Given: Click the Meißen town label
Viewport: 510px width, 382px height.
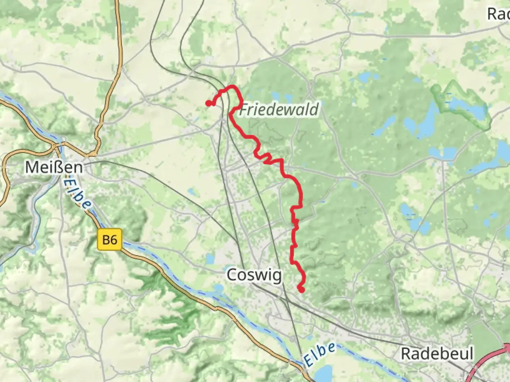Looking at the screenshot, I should click(x=54, y=167).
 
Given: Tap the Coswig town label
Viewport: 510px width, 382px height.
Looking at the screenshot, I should click(x=254, y=275).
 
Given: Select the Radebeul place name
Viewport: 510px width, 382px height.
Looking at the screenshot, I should click(x=437, y=353).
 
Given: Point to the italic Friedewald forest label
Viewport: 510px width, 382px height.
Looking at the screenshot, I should click(x=279, y=110).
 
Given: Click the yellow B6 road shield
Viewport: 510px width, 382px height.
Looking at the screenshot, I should click(x=109, y=240).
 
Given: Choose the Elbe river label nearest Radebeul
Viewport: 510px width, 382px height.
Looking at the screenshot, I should click(x=319, y=354).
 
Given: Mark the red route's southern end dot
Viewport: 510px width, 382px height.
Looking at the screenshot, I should click(x=301, y=290).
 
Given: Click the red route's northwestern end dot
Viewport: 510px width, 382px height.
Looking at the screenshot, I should click(x=209, y=103).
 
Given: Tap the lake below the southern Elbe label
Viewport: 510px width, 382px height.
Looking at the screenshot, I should click(x=324, y=373).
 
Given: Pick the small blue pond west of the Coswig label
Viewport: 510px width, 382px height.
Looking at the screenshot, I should click(x=210, y=260).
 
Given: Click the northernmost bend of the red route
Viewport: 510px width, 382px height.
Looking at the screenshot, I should click(x=232, y=86).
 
